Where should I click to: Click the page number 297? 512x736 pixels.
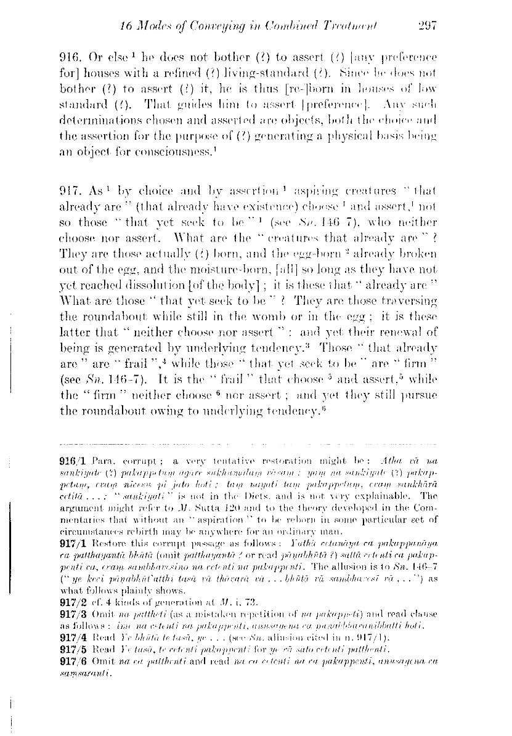[x=426, y=26]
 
